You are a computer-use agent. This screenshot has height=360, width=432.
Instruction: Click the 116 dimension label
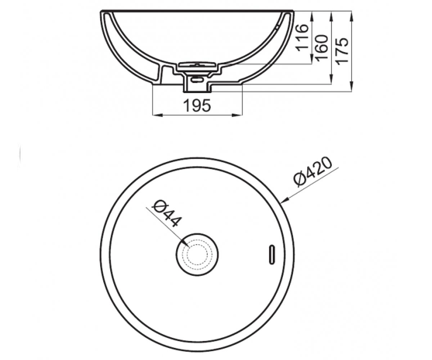302,38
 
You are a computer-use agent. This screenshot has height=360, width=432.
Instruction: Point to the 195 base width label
197,105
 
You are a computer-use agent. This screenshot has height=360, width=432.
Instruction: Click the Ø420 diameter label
312,172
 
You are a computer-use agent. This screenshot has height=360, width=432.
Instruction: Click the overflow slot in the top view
272,255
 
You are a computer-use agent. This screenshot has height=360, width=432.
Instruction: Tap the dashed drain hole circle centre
197,255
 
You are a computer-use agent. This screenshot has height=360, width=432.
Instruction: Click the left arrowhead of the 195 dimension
156,115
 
